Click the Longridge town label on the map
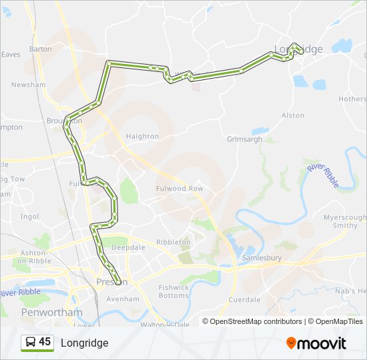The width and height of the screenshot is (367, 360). (299, 49)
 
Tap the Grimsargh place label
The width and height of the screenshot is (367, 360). (245, 139)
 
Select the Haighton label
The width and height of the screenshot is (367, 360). (142, 136)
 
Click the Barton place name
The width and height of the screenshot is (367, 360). (40, 49)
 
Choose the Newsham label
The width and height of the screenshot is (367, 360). (27, 85)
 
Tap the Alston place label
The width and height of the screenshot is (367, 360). (293, 115)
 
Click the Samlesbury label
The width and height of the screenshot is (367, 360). (262, 257)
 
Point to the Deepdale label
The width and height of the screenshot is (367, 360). (128, 247)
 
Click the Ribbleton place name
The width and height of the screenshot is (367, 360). (173, 242)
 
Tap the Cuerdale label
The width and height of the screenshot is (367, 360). (244, 300)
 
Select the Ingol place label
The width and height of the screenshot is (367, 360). (30, 217)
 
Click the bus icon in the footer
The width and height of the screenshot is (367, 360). (29, 343)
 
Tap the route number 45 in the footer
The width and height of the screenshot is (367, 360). (45, 342)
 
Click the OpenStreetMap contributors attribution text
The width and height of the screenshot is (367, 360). (256, 321)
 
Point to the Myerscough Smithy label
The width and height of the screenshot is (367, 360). (345, 221)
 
